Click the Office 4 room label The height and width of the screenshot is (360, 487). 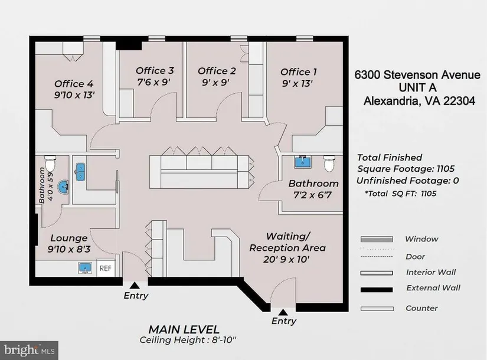[74, 84]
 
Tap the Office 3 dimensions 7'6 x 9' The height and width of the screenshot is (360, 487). [154, 82]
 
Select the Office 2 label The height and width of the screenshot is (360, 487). [217, 71]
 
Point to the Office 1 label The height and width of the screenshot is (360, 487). [299, 72]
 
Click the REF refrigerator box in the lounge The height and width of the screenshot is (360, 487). [106, 268]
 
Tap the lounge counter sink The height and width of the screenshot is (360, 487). [85, 268]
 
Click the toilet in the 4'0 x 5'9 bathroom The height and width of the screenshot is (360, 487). [50, 163]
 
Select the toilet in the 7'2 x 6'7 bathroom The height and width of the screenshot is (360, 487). [329, 163]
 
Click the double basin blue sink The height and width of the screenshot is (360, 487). [80, 172]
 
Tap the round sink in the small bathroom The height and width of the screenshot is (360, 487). [64, 187]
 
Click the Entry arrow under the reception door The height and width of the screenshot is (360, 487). [283, 312]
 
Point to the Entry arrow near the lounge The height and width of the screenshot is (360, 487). [134, 286]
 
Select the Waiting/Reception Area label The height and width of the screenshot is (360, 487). [287, 247]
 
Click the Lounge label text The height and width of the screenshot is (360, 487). [68, 238]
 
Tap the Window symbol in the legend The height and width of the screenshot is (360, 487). [377, 239]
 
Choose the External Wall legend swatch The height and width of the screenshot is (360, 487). [377, 290]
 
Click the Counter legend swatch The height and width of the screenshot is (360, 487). [377, 309]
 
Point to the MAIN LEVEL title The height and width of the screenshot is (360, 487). [184, 329]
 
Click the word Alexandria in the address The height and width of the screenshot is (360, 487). [390, 101]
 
